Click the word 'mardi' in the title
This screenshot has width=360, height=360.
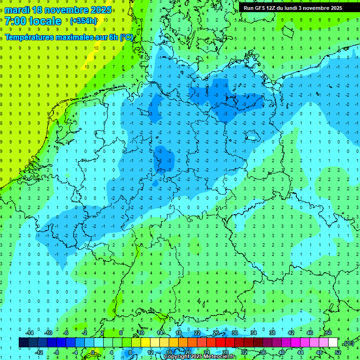[18, 10]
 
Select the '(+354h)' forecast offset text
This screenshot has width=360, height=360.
[83, 21]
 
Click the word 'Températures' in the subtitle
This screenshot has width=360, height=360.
[30, 37]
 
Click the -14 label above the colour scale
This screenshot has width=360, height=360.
[29, 333]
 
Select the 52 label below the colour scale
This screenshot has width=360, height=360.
[338, 352]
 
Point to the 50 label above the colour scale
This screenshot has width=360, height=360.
[328, 333]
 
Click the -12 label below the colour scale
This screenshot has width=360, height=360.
[39, 352]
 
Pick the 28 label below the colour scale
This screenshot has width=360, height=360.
[225, 352]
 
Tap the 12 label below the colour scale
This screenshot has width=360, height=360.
[150, 352]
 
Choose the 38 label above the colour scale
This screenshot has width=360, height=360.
[272, 333]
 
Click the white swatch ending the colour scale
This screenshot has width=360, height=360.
[333, 343]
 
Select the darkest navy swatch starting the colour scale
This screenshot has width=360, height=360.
[23, 343]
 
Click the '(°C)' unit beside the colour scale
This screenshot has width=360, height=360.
[348, 343]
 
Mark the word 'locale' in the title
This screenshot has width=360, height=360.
[45, 21]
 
